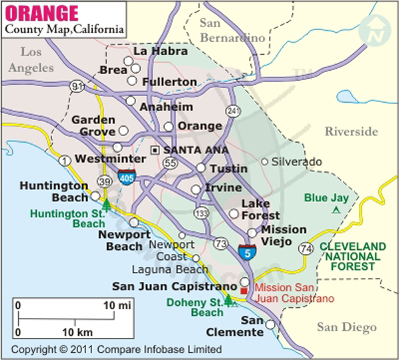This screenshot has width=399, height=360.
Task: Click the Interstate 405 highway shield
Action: tap(125, 177)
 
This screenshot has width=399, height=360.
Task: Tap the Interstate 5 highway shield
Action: tap(246, 251)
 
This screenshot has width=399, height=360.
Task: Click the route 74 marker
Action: tap(306, 249)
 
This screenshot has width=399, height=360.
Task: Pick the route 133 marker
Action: tap(199, 213)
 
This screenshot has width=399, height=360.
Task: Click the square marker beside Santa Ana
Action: tap(155, 150)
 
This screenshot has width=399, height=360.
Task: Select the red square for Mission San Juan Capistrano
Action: tap(247, 291)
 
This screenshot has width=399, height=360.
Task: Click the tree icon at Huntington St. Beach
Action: tap(106, 204)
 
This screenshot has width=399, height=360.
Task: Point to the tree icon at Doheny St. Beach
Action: tap(229, 300)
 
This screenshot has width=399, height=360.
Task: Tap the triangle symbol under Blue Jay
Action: tap(336, 210)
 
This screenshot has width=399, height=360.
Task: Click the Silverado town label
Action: tap(296, 162)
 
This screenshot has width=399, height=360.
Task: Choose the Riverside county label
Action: tap(351, 132)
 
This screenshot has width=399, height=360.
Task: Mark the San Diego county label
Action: tap(345, 327)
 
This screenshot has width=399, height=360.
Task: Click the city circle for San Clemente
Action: tap(270, 325)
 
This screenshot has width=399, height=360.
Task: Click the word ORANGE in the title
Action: tap(42, 13)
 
